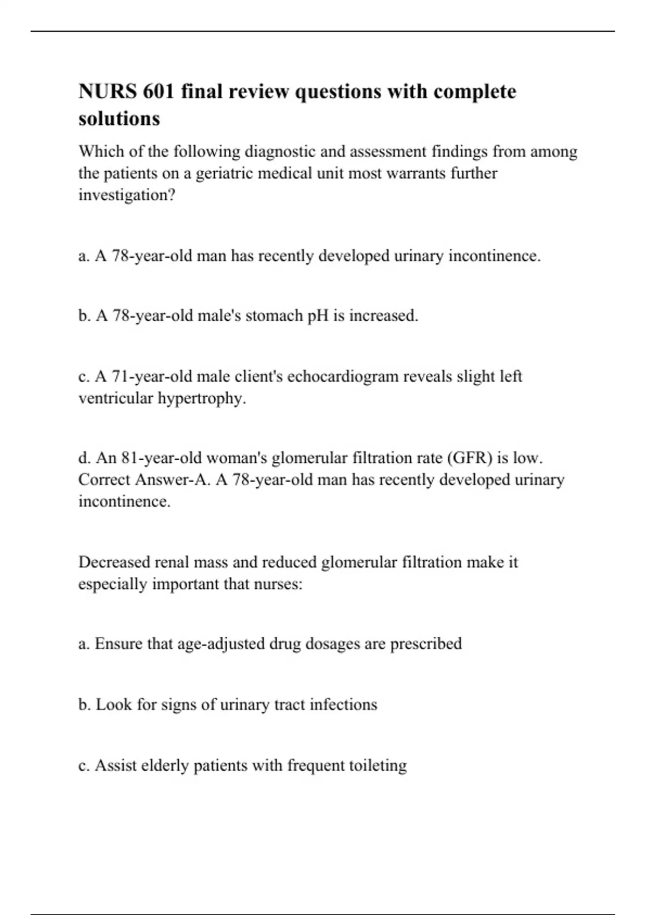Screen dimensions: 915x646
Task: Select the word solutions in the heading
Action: coord(119,118)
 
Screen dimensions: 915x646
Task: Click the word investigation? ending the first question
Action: coord(127,195)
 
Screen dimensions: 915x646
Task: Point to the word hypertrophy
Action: coord(201,398)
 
